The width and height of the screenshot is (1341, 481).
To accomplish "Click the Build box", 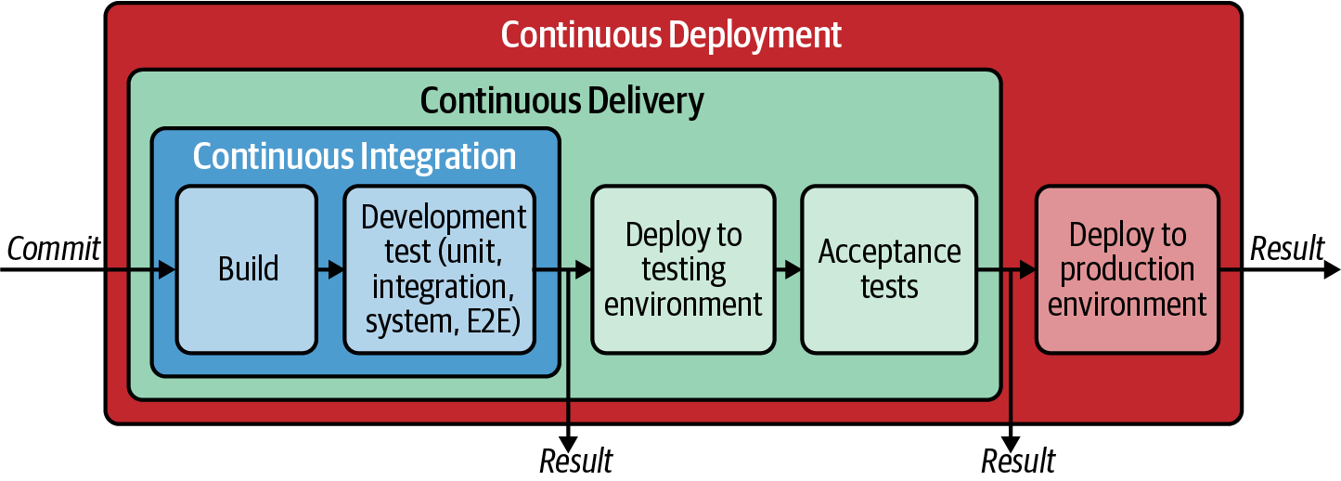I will pyautogui.click(x=247, y=269).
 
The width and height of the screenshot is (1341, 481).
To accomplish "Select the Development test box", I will pyautogui.click(x=440, y=269).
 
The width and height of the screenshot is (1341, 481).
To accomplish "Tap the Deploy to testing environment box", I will pyautogui.click(x=683, y=269).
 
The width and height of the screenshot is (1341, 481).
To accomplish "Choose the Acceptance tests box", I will pyautogui.click(x=889, y=269).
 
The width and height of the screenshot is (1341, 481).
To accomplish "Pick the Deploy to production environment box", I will pyautogui.click(x=1127, y=269).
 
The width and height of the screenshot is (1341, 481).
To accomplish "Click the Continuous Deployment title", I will pyautogui.click(x=671, y=35).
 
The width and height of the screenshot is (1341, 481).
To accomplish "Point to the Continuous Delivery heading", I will pyautogui.click(x=561, y=100).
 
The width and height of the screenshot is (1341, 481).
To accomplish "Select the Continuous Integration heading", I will pyautogui.click(x=355, y=156).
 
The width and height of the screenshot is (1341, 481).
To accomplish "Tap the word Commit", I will pyautogui.click(x=53, y=249).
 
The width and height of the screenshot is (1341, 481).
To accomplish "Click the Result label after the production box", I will pyautogui.click(x=1287, y=249).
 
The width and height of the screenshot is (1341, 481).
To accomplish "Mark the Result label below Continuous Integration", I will pyautogui.click(x=575, y=461).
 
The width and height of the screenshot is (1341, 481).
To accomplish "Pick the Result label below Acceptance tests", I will pyautogui.click(x=1018, y=461).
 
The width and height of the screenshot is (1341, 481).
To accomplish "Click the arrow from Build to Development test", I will pyautogui.click(x=330, y=270).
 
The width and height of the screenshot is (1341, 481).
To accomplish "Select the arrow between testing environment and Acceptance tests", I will pyautogui.click(x=788, y=270).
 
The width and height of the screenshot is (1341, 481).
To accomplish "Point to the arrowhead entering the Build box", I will pyautogui.click(x=167, y=270).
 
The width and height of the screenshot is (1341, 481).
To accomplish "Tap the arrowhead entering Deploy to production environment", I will pyautogui.click(x=1027, y=270).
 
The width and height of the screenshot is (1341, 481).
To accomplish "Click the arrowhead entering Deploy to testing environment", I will pyautogui.click(x=583, y=270).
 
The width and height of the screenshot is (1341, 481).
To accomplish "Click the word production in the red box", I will pyautogui.click(x=1128, y=270).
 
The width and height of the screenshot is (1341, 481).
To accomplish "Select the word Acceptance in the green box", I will pyautogui.click(x=889, y=253).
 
